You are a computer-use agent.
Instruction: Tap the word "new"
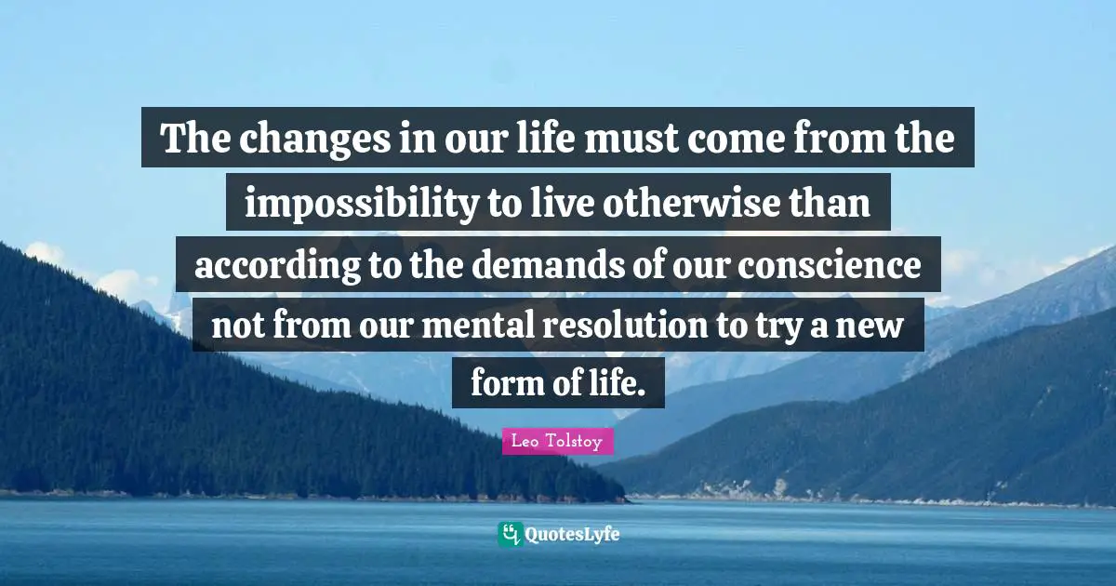884,328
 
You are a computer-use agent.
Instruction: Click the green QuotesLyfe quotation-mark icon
510,534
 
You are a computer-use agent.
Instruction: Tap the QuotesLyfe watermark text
572,535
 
